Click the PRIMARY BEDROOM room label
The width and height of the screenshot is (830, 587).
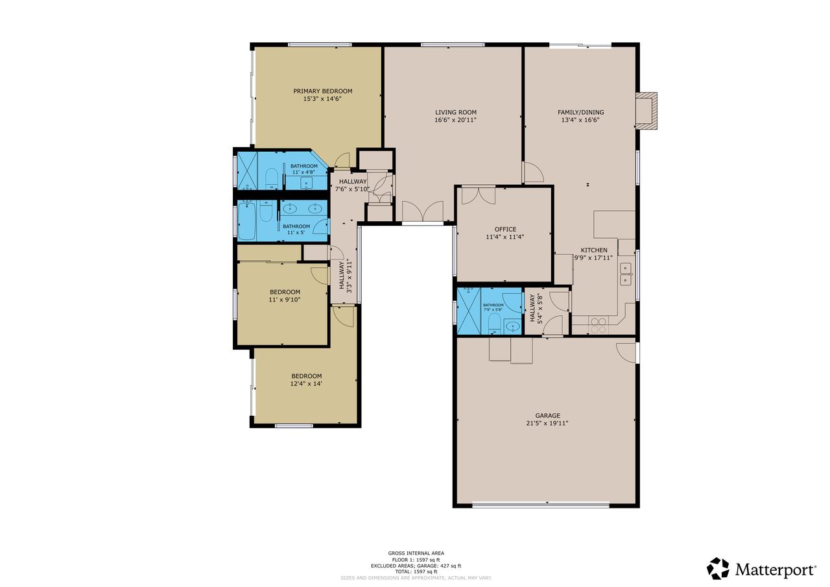click(322, 91)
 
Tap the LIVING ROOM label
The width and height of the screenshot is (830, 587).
click(455, 112)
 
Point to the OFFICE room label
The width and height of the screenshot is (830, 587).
click(505, 229)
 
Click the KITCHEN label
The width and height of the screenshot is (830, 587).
click(594, 250)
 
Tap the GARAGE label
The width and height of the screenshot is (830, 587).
click(547, 416)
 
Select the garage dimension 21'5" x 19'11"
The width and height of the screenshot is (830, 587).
click(547, 424)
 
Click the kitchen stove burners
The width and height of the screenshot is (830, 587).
click(598, 324)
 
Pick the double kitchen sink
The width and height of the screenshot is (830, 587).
click(626, 274)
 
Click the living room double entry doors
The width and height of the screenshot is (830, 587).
click(422, 211)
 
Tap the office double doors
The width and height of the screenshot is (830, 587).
click(479, 194)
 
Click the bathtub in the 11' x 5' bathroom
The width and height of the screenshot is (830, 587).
click(247, 221)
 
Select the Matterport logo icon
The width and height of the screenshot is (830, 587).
click(718, 569)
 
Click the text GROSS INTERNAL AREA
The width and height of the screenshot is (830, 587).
click(416, 553)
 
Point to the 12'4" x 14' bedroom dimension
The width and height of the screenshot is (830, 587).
click(306, 384)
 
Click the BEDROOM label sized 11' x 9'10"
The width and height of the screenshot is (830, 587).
click(285, 292)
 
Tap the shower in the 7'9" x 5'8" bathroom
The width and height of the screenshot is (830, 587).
click(468, 311)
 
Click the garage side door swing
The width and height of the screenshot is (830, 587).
click(626, 352)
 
